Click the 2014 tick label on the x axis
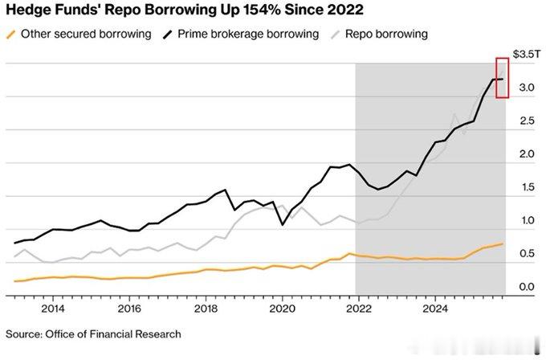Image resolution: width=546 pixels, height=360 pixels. (x=53, y=308)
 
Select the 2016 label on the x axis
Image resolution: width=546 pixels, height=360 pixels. (x=129, y=308)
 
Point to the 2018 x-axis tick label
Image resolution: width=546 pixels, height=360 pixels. (x=206, y=308)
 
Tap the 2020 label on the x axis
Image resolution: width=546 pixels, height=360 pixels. (x=283, y=308)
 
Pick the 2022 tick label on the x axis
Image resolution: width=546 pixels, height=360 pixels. (x=359, y=308)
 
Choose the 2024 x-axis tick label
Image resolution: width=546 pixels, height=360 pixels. (x=435, y=308)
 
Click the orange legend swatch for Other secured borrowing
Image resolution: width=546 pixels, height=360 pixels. (x=10, y=34)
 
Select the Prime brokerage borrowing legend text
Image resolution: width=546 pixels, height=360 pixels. (x=247, y=35)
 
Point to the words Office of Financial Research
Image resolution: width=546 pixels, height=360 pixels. (x=116, y=333)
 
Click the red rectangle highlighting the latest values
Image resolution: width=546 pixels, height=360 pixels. (x=503, y=78)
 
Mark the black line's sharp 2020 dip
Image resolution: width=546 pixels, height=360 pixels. (x=282, y=225)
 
